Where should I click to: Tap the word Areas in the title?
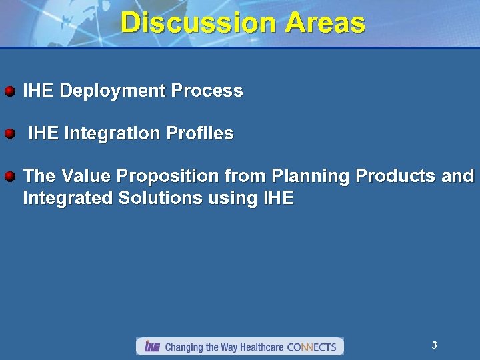coord(325,23)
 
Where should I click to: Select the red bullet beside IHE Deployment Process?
coord(10,91)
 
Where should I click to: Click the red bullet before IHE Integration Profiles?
coord(10,134)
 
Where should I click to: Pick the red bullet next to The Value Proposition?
coord(10,177)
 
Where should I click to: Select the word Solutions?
coord(149,198)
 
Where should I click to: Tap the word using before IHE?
coord(221,198)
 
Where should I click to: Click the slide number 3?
coord(434,345)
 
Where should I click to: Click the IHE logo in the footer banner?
coord(152,347)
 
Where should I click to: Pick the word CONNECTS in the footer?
coord(311,347)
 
